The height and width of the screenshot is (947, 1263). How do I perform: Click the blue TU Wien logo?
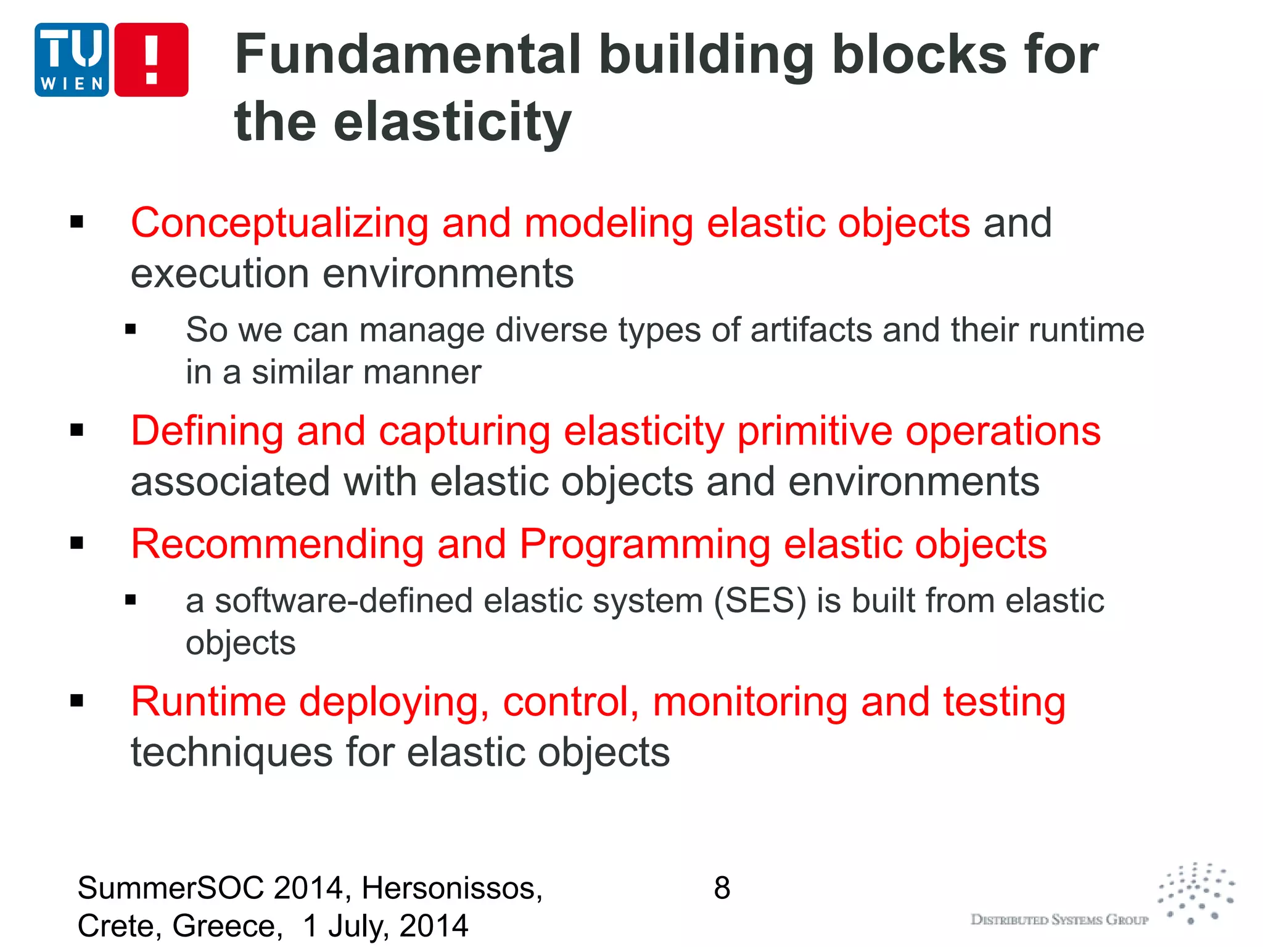72,60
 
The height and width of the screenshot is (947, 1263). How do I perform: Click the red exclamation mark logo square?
152,60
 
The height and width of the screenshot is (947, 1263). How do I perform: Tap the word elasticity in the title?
453,122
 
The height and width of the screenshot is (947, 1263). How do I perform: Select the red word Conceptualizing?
279,223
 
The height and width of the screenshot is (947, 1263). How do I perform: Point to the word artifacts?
812,330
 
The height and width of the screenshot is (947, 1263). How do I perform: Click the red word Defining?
207,430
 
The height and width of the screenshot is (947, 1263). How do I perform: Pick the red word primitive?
815,432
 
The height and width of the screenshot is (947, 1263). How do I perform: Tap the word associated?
230,482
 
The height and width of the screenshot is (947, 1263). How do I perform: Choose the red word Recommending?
277,544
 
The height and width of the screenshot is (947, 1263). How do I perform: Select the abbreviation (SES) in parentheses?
760,601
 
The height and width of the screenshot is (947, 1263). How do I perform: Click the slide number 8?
722,888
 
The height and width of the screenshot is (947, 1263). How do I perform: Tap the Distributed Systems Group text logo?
1059,920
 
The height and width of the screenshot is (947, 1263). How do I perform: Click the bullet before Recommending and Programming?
77,543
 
